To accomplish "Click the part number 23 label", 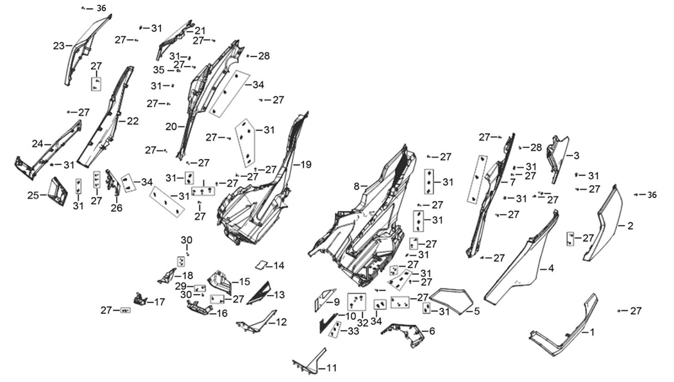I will tap(59, 46).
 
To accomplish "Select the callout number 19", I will tap(305, 165).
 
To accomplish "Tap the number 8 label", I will tap(357, 187).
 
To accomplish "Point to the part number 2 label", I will tap(630, 226).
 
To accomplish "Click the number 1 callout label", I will tap(591, 332).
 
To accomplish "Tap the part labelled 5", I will tap(451, 301).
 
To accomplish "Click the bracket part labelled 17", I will tap(139, 298).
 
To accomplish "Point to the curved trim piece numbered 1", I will tap(564, 327).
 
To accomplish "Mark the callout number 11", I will tap(331, 368).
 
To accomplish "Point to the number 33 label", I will tap(353, 331).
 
